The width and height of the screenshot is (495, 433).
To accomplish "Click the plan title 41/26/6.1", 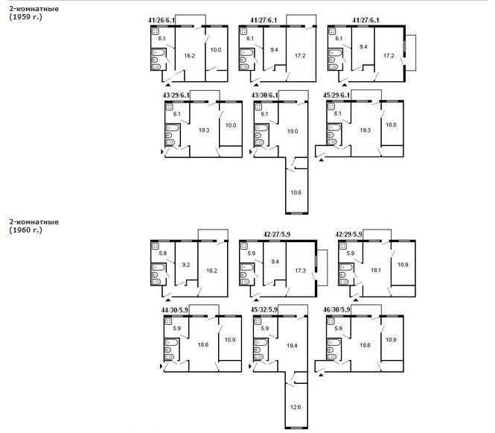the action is [x=162, y=20].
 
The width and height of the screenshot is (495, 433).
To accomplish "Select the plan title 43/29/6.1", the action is [x=176, y=95].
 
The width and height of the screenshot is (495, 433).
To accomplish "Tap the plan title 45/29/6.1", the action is [x=336, y=95].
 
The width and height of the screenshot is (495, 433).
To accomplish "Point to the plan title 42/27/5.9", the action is [x=277, y=235].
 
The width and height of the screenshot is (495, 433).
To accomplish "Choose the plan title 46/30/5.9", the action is [x=336, y=310].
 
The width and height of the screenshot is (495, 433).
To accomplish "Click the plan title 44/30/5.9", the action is [x=175, y=310].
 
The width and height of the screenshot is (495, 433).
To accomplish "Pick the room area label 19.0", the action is [x=293, y=131].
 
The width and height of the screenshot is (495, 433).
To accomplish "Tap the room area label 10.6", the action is [x=296, y=192].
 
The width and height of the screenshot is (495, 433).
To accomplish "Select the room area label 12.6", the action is [x=296, y=407].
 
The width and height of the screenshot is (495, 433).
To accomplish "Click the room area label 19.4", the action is [x=292, y=346].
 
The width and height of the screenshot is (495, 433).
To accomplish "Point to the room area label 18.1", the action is [x=376, y=271].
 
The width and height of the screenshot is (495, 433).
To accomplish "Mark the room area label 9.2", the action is [x=186, y=265].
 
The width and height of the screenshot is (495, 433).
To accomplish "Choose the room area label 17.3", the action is [x=300, y=271].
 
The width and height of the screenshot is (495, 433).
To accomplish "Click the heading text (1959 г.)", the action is [x=25, y=17].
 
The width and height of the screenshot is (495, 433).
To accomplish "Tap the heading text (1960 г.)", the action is [x=25, y=230].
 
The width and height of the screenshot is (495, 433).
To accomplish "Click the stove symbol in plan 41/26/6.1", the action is [x=155, y=31].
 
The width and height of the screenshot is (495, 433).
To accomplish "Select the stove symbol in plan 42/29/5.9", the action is [x=342, y=246].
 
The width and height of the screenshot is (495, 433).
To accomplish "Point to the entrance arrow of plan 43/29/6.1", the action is [x=162, y=152].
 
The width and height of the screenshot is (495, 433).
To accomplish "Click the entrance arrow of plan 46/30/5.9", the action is [x=322, y=375].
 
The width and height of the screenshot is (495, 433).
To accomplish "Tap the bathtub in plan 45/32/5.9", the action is [x=261, y=343].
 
